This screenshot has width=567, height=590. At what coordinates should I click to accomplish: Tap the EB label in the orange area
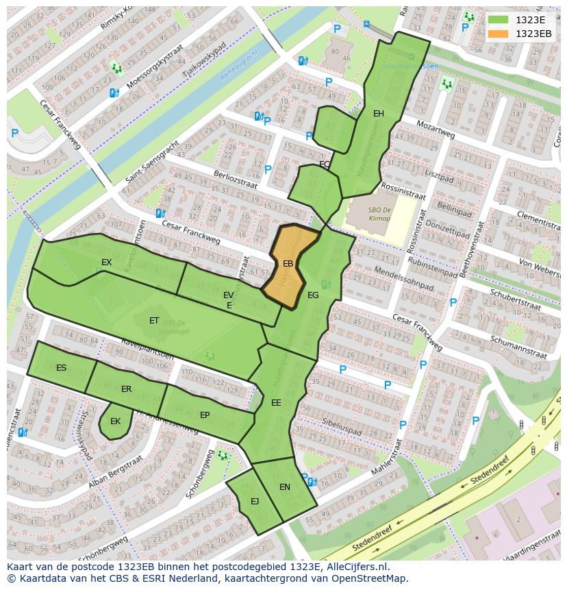[x=288, y=263]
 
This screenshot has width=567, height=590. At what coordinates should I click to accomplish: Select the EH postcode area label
[x=379, y=114]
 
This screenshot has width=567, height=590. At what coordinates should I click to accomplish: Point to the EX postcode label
[x=107, y=262]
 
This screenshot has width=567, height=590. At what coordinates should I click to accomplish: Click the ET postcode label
[x=154, y=320]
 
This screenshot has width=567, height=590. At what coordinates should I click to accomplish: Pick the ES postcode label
[x=62, y=368]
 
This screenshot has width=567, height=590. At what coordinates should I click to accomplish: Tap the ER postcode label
[x=126, y=389]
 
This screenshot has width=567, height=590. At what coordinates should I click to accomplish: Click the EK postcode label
[x=115, y=421]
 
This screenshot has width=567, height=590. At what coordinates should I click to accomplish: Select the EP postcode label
[x=205, y=415]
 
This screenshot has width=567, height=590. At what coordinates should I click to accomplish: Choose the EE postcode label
[x=276, y=402]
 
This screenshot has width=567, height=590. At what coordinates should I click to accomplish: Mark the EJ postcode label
[x=255, y=501]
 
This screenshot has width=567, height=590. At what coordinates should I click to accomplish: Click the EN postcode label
[x=285, y=487]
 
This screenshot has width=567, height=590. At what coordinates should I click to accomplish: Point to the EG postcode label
[x=313, y=295]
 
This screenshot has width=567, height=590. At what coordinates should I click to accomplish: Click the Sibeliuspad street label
[x=341, y=426]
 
